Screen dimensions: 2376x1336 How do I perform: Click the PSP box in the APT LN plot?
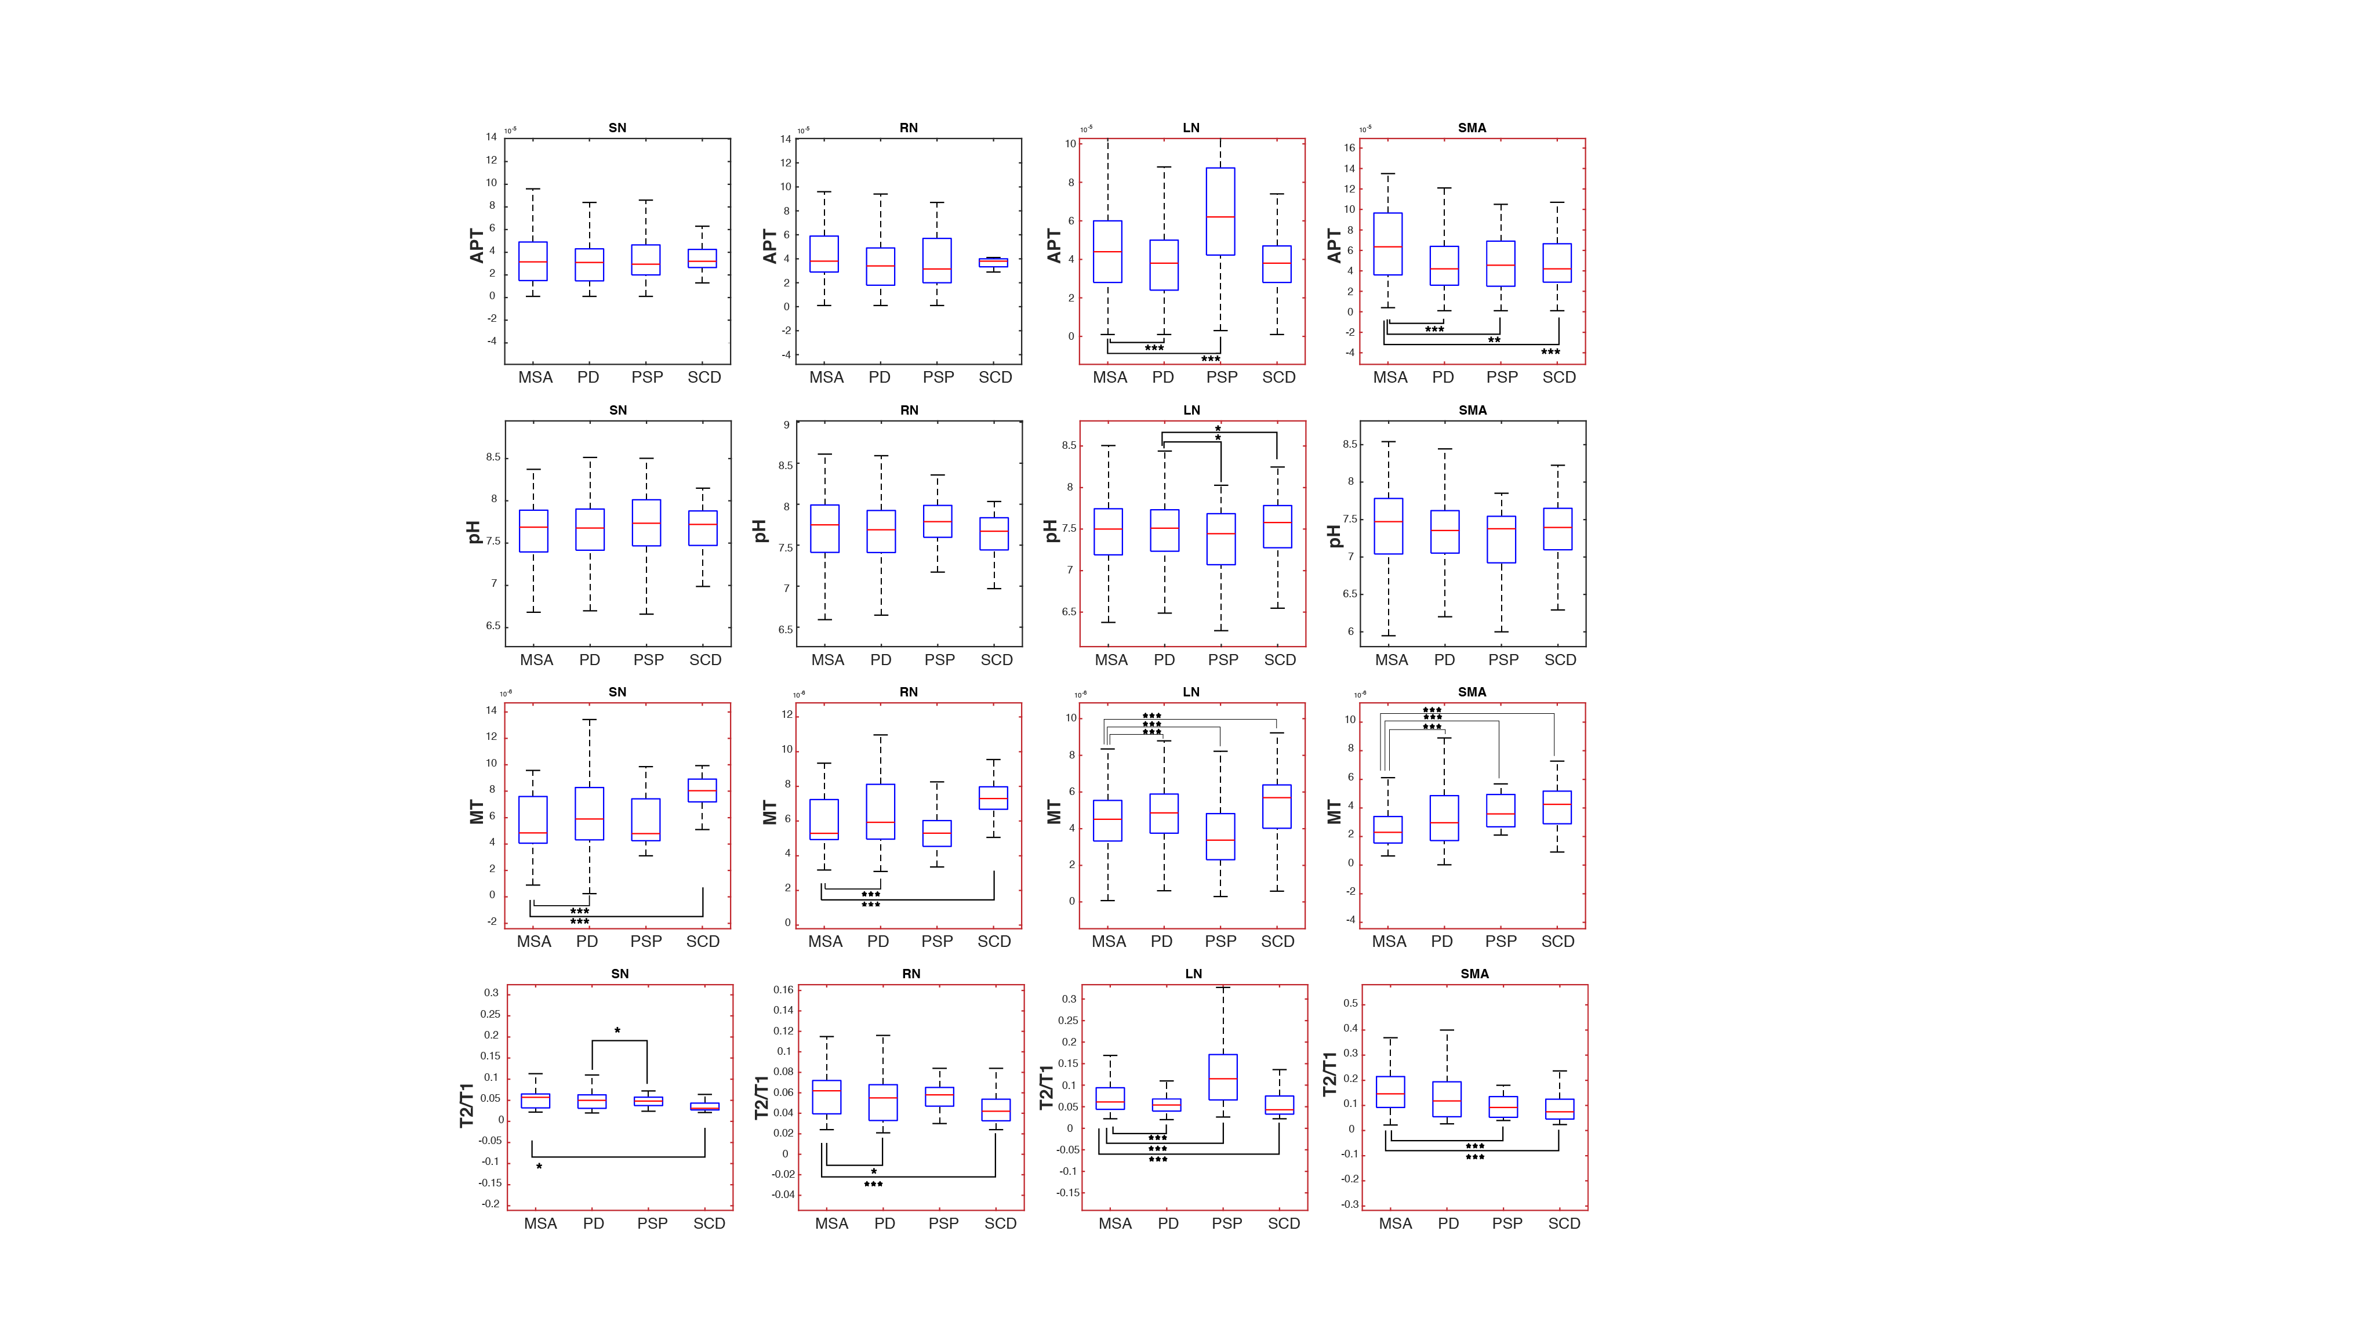1220,211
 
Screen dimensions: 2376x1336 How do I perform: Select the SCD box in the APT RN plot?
993,262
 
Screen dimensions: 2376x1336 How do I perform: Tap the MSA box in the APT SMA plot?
1387,244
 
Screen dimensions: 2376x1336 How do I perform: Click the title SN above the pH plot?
618,409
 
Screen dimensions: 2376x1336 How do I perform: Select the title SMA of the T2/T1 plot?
1474,974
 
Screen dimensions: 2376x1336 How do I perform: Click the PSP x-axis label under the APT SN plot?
646,377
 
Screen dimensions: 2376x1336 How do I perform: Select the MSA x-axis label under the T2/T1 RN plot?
831,1224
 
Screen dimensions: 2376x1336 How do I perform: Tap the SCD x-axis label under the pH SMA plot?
1560,660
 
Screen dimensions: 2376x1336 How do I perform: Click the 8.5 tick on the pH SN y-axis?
493,457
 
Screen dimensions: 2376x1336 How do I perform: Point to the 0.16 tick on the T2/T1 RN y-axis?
783,990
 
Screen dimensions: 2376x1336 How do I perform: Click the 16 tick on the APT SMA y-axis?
1349,148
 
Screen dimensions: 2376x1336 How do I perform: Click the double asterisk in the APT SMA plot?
1494,340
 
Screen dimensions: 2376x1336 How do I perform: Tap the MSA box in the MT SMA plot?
1387,829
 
